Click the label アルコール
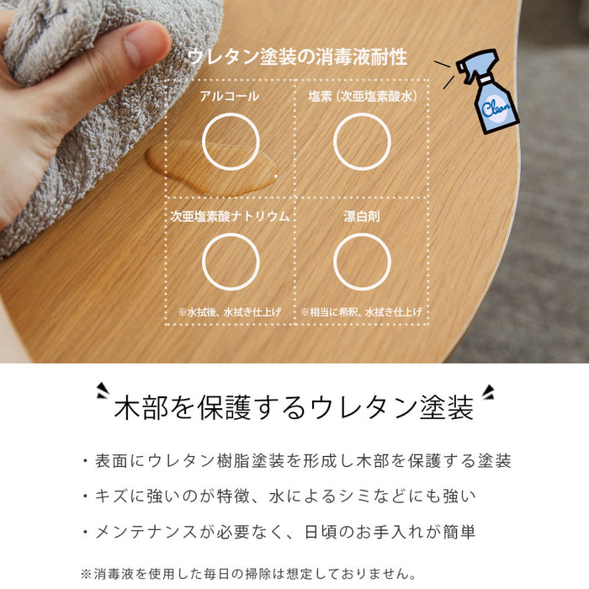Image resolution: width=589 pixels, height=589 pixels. (229, 96)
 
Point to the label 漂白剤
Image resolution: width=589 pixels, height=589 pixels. (362, 216)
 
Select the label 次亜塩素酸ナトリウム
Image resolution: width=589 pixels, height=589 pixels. (230, 216)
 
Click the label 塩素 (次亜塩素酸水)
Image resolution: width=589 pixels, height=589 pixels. (363, 97)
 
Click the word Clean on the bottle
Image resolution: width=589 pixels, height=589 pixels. (495, 108)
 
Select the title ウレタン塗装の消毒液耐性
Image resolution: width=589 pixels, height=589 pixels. (297, 57)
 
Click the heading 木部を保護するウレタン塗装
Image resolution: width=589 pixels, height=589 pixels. (294, 407)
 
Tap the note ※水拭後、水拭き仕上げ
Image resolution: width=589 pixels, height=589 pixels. (230, 312)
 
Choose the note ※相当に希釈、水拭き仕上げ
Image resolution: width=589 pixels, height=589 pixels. (361, 312)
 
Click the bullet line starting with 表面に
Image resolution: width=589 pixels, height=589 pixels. (297, 461)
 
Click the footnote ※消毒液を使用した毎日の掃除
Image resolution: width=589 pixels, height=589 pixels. (249, 574)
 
